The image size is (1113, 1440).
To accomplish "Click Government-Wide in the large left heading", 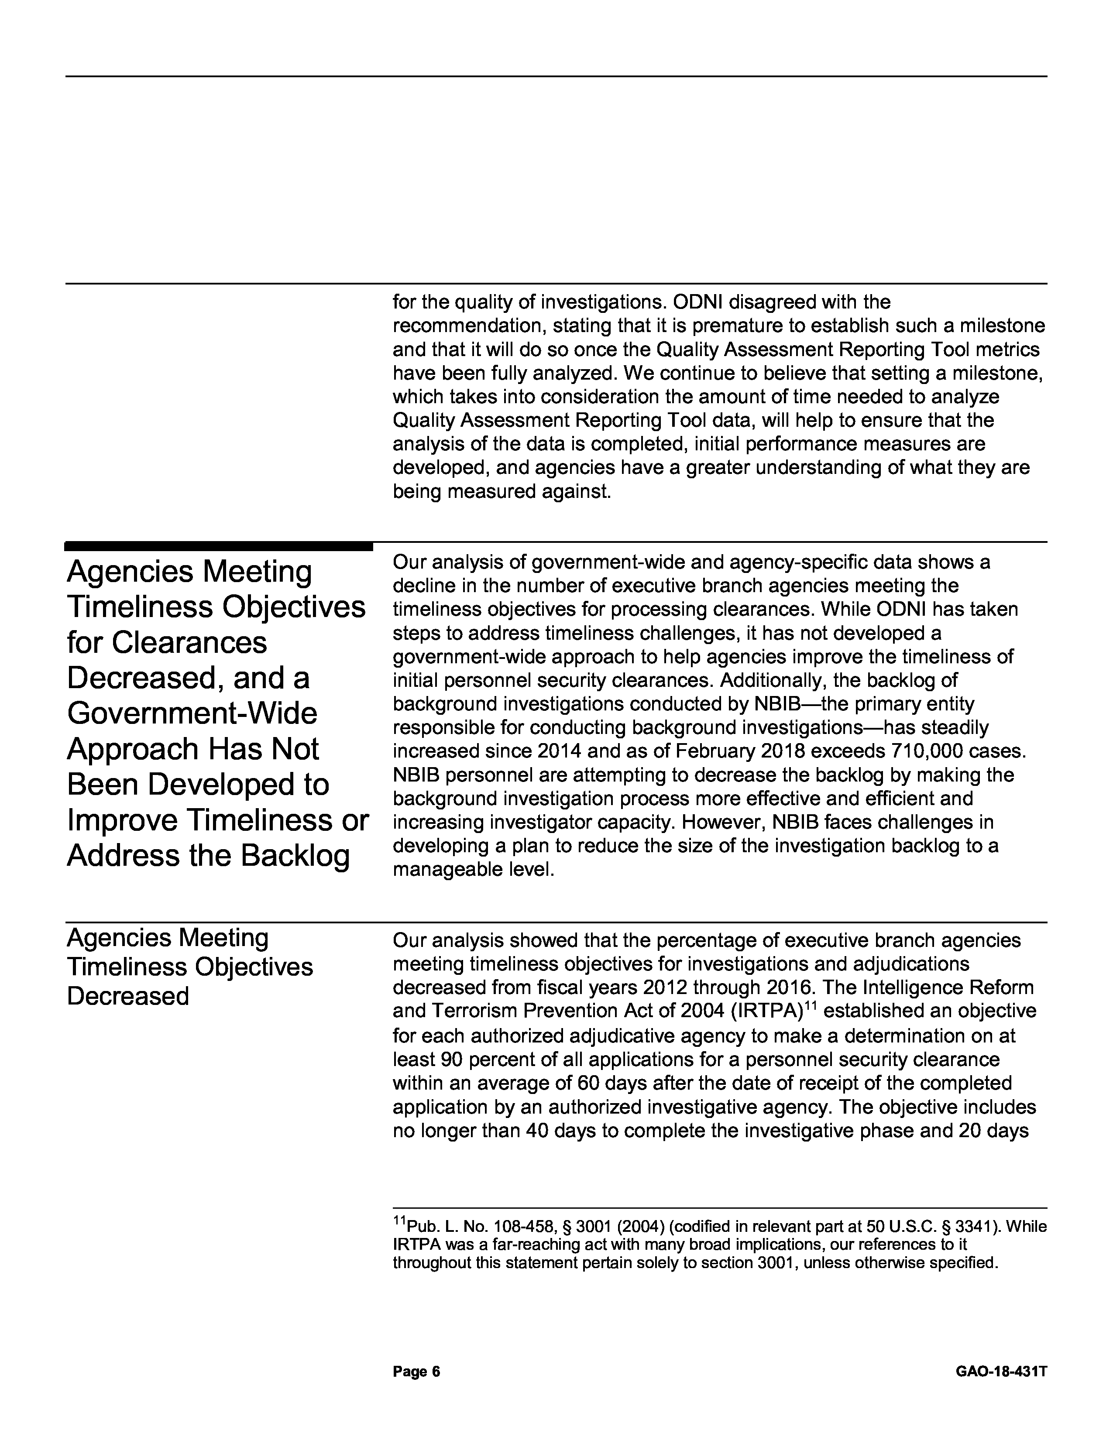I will [192, 713].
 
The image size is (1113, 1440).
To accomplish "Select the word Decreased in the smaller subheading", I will [128, 996].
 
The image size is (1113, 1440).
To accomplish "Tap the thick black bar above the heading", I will [218, 546].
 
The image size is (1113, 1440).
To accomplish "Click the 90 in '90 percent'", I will [448, 1059].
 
